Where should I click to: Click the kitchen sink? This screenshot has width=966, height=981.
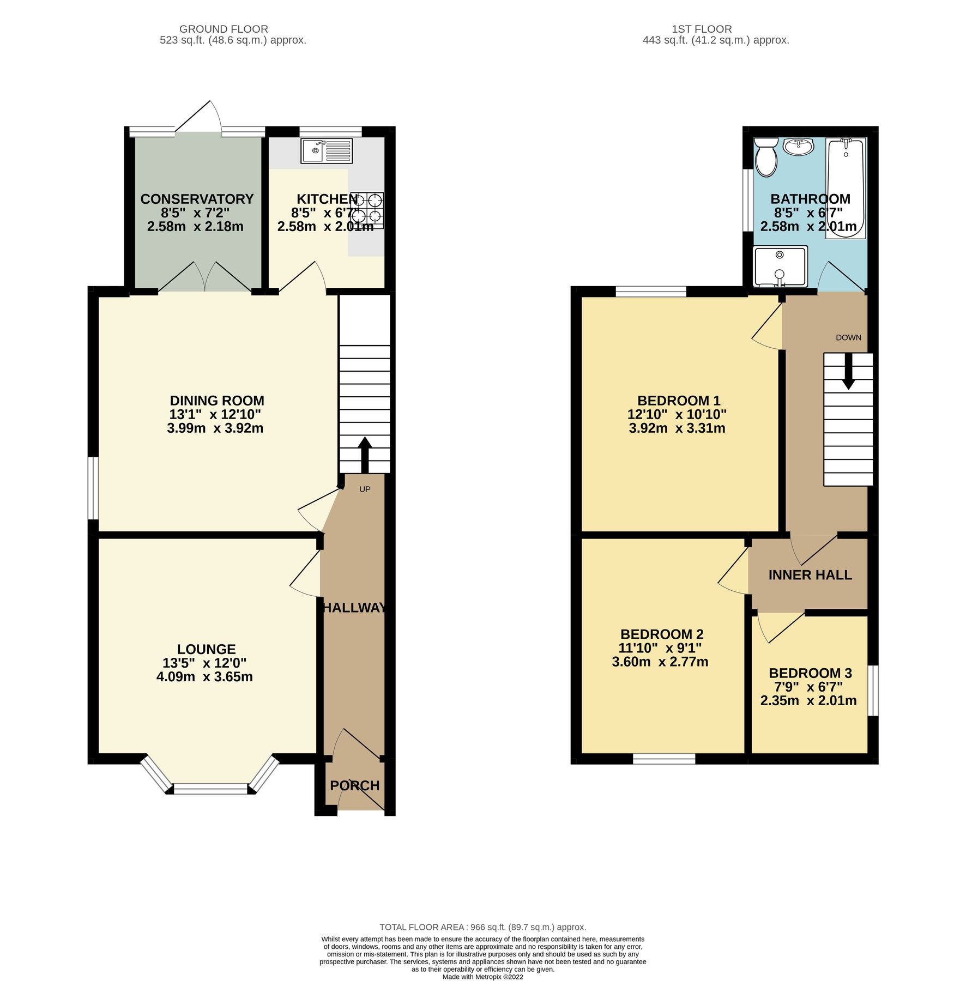click(x=327, y=151)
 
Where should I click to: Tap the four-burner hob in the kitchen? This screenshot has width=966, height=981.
click(x=370, y=210)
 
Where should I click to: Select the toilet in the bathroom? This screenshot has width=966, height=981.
click(x=765, y=157)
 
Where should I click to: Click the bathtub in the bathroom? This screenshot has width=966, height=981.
click(x=845, y=188)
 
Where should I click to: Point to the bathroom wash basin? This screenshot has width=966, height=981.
click(x=798, y=146)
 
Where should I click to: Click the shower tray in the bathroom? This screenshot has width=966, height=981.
click(x=780, y=266)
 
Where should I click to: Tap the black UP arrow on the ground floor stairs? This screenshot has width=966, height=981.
click(x=365, y=453)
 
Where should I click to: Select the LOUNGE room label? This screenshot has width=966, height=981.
click(x=206, y=649)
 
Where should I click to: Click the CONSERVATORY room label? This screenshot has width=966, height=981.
click(x=197, y=199)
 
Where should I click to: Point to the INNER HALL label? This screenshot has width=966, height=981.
click(x=810, y=574)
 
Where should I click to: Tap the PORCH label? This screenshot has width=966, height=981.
click(x=354, y=785)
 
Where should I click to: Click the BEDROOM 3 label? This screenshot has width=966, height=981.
click(x=810, y=673)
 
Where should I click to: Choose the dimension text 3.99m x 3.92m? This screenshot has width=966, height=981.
click(x=215, y=428)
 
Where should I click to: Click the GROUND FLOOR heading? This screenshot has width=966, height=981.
click(x=224, y=29)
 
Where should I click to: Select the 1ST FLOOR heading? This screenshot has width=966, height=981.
click(x=701, y=29)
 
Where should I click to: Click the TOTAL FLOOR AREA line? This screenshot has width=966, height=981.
click(x=482, y=927)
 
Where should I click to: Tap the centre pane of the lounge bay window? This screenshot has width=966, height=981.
click(x=210, y=789)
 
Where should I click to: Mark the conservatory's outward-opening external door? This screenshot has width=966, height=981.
click(x=198, y=116)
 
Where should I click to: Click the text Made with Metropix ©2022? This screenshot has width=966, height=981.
click(x=482, y=977)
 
